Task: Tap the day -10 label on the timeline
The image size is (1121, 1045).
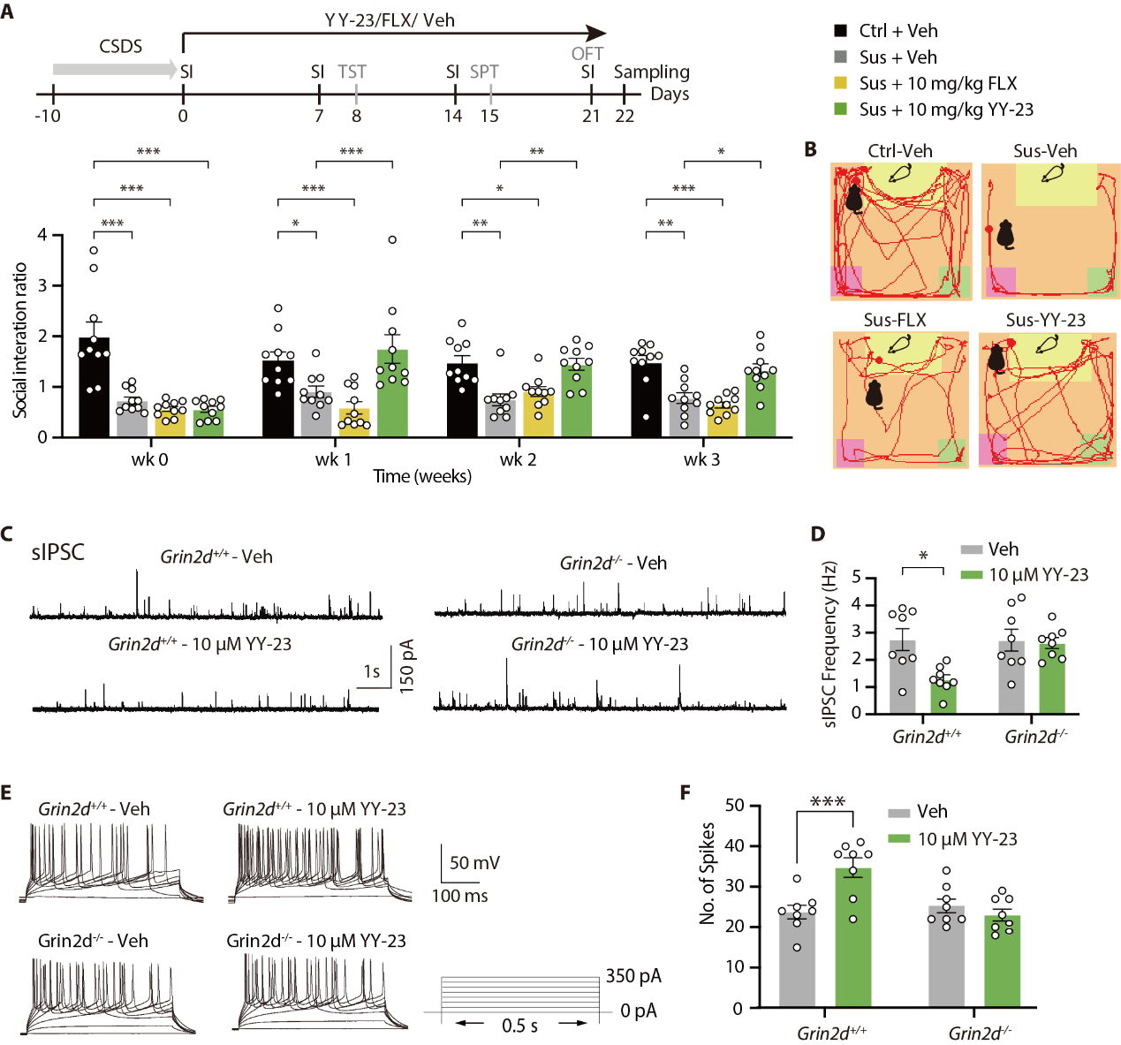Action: click(x=48, y=116)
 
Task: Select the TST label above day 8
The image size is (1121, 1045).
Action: click(x=352, y=72)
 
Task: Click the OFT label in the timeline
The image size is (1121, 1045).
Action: click(x=587, y=54)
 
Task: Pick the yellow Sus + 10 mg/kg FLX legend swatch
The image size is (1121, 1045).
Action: click(x=841, y=83)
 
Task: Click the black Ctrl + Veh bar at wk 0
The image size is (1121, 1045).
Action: click(x=95, y=389)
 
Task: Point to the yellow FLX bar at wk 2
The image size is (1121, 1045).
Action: click(x=538, y=415)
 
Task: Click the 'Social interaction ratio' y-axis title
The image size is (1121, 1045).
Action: click(x=20, y=340)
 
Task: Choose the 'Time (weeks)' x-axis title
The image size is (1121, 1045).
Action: click(x=422, y=476)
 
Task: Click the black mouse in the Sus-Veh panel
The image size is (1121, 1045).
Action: click(x=1005, y=235)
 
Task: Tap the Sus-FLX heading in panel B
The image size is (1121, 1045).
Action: click(x=895, y=320)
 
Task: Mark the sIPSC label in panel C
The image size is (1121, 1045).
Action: click(x=58, y=552)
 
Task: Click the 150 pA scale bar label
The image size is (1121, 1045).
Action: click(x=407, y=666)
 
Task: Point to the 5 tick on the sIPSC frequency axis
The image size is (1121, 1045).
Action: click(x=856, y=578)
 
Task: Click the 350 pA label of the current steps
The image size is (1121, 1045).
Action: click(x=633, y=976)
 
